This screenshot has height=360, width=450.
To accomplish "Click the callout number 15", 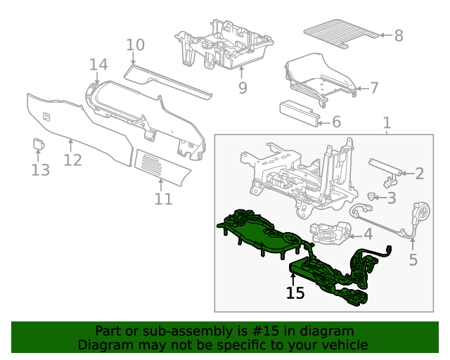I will pos(295,292).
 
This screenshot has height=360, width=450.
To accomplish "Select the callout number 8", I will pos(399,35).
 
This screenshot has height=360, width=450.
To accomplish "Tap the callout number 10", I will pos(135,45).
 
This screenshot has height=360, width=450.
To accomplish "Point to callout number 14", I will pos(98,65).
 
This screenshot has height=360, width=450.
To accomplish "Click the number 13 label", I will pos(40,169).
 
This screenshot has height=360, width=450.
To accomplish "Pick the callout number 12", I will pos(72,160).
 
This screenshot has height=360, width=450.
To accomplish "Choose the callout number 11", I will pos(163,200).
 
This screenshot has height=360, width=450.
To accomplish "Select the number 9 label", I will pos(243,88).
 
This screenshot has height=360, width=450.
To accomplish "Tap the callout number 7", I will pos(374,88).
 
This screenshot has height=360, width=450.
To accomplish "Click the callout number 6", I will pos(335,122).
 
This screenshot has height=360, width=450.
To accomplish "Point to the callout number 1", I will pos(386,124).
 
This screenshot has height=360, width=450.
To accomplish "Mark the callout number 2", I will pos(419,174).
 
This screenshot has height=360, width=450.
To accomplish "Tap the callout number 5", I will pos(413,260).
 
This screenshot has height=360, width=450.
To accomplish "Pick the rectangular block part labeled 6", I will pos(298,113).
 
